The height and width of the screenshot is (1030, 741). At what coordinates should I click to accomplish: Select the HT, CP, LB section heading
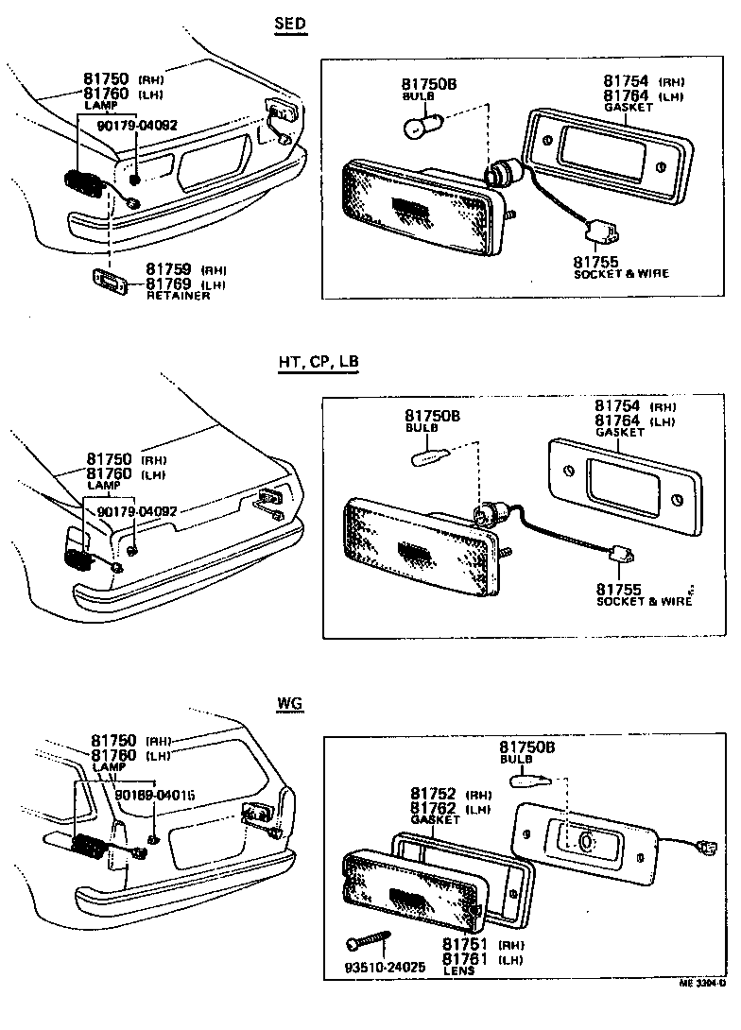pos(318,362)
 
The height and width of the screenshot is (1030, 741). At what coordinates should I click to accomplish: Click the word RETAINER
pos(178,296)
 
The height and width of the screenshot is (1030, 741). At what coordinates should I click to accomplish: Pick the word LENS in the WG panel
pos(458,970)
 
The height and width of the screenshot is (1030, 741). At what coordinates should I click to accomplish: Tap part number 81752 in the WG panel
pos(432,794)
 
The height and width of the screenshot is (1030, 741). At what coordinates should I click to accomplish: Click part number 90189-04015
pos(155,796)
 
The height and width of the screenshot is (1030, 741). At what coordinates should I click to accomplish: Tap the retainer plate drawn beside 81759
pos(110,281)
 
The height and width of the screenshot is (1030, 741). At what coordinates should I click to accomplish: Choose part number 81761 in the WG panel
pos(464,958)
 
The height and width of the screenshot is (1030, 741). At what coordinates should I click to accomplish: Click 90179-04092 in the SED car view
pos(138,125)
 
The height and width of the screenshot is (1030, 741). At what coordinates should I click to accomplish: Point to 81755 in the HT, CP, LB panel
pos(618,590)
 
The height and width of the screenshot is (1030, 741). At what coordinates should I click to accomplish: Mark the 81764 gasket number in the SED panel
pos(626,95)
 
